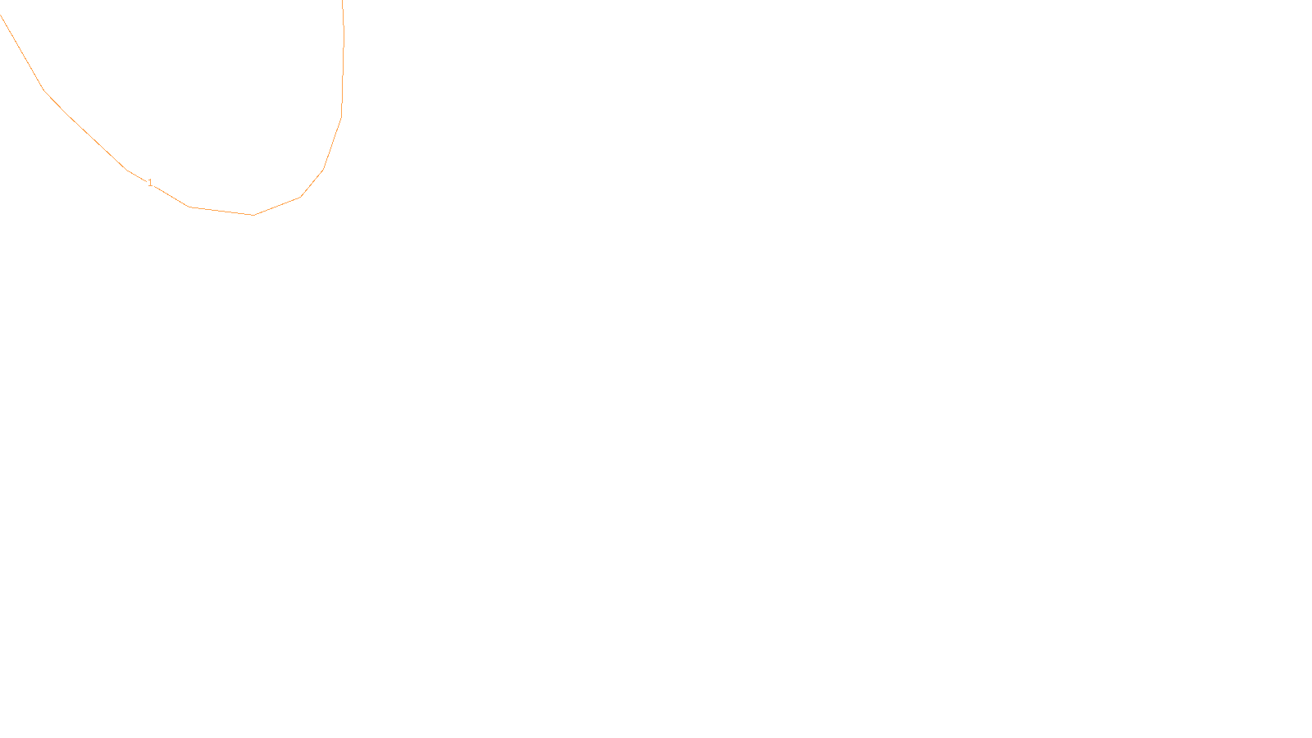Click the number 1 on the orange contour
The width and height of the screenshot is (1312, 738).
150,183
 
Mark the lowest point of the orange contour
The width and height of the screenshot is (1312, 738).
253,215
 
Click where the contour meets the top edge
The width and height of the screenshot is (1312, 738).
342,1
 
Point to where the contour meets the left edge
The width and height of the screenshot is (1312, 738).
1,15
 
